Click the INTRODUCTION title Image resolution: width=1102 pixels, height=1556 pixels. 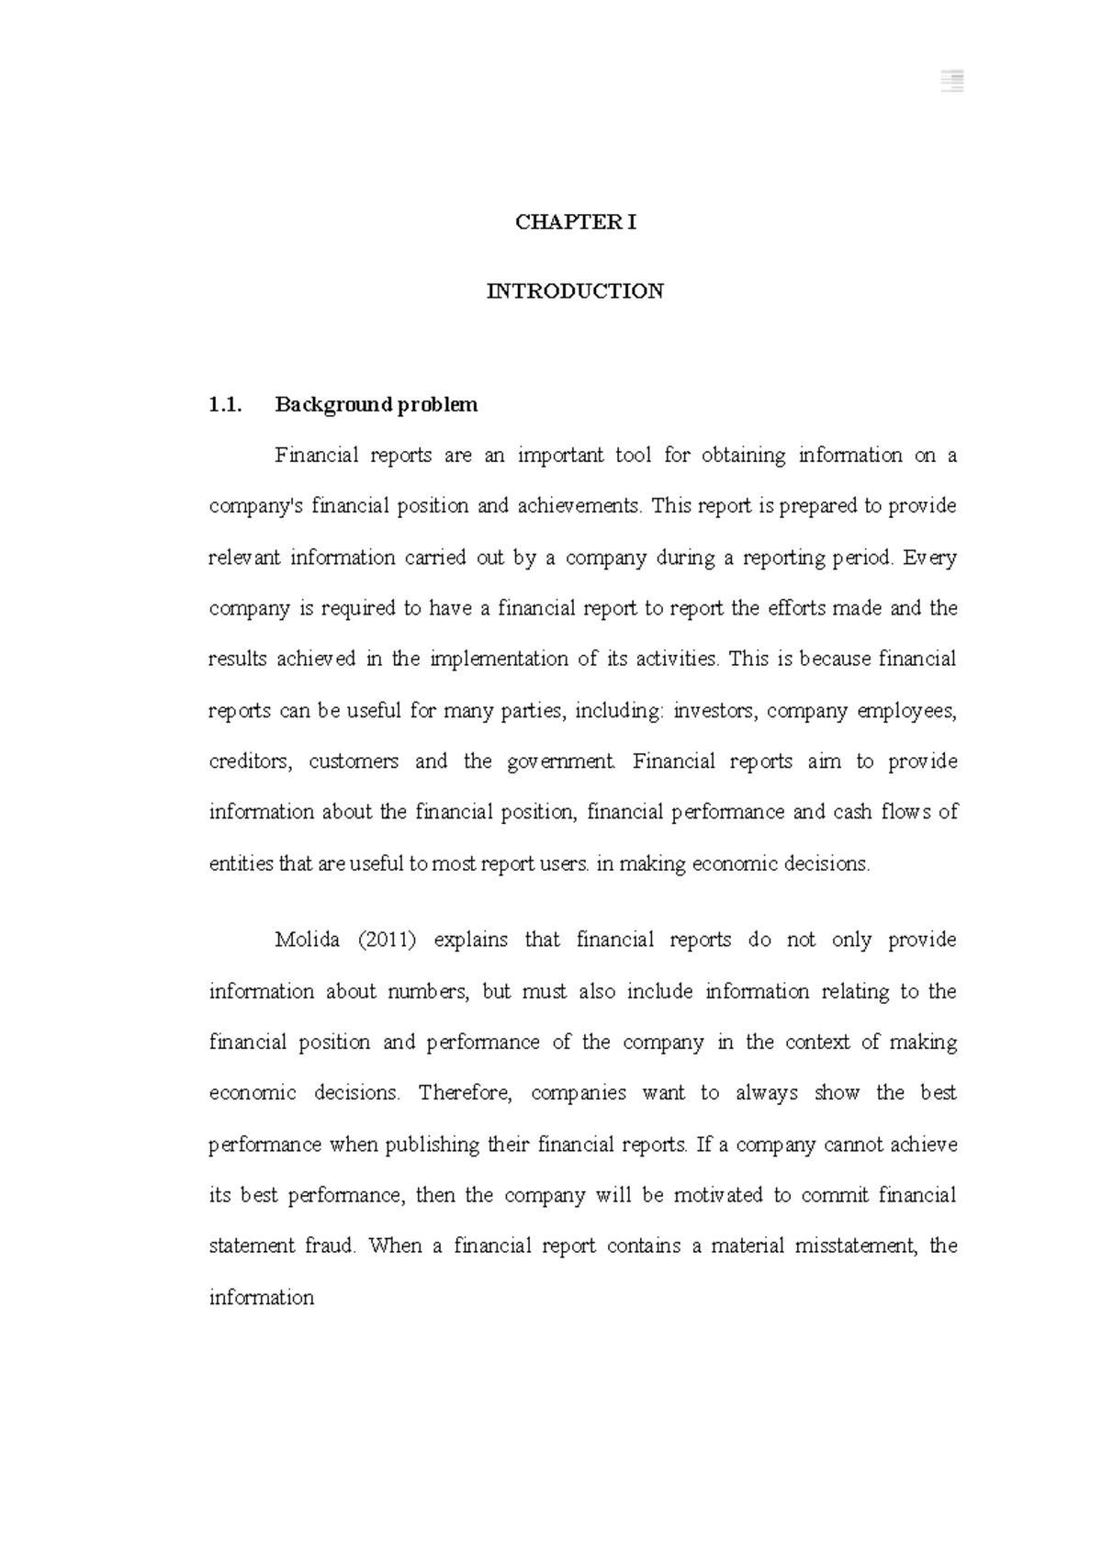point(575,292)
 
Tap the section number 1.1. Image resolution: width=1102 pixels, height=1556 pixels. point(225,405)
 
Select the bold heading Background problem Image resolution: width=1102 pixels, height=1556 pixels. point(377,405)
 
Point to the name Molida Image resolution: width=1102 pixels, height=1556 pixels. point(308,940)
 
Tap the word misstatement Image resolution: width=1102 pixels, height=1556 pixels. point(856,1246)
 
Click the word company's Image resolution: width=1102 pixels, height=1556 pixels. point(254,506)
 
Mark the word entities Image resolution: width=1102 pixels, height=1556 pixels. point(241,864)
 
